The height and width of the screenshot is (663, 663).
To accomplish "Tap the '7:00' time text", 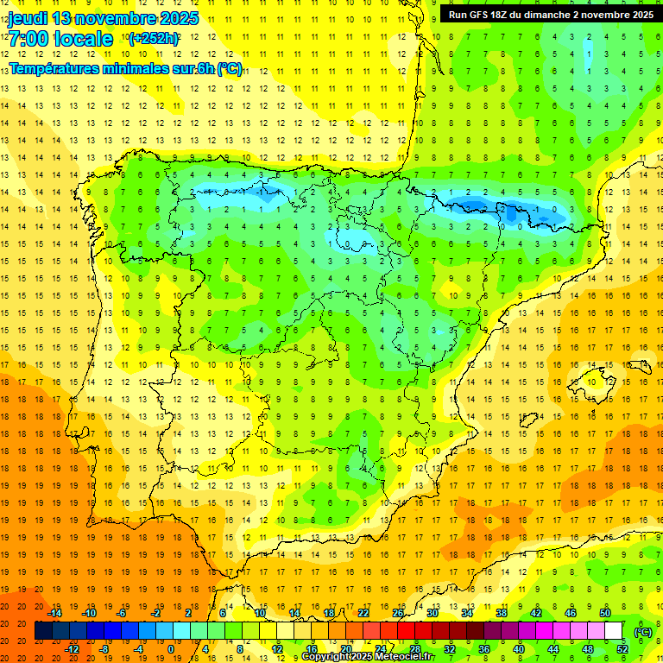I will (x=28, y=39).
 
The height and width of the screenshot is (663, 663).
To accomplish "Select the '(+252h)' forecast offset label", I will (x=153, y=39).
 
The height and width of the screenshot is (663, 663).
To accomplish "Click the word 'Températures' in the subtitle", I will (x=54, y=68).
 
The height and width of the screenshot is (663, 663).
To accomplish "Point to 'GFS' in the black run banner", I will (x=483, y=15).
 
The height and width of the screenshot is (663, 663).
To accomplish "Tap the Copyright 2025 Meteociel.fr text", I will (x=367, y=657).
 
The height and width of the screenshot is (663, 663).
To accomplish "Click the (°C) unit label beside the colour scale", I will (x=643, y=631).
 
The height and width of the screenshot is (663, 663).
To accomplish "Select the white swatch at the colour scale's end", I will (x=614, y=631).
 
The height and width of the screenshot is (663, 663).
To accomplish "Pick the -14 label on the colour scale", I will (x=55, y=613).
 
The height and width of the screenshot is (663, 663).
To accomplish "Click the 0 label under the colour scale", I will (x=171, y=649).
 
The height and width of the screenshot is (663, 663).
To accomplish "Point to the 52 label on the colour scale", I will (x=622, y=649).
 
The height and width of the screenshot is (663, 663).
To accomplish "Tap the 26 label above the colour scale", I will (x=398, y=613).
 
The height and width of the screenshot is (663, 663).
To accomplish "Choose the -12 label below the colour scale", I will (x=73, y=649).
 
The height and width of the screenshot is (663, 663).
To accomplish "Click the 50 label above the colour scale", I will (x=605, y=613).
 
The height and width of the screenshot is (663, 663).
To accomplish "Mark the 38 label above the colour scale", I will (x=502, y=613).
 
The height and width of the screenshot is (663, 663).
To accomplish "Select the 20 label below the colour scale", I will (x=345, y=649).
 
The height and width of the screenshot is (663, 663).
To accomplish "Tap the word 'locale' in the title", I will (x=83, y=39).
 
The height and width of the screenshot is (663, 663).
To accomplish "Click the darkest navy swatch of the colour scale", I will (x=43, y=631).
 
